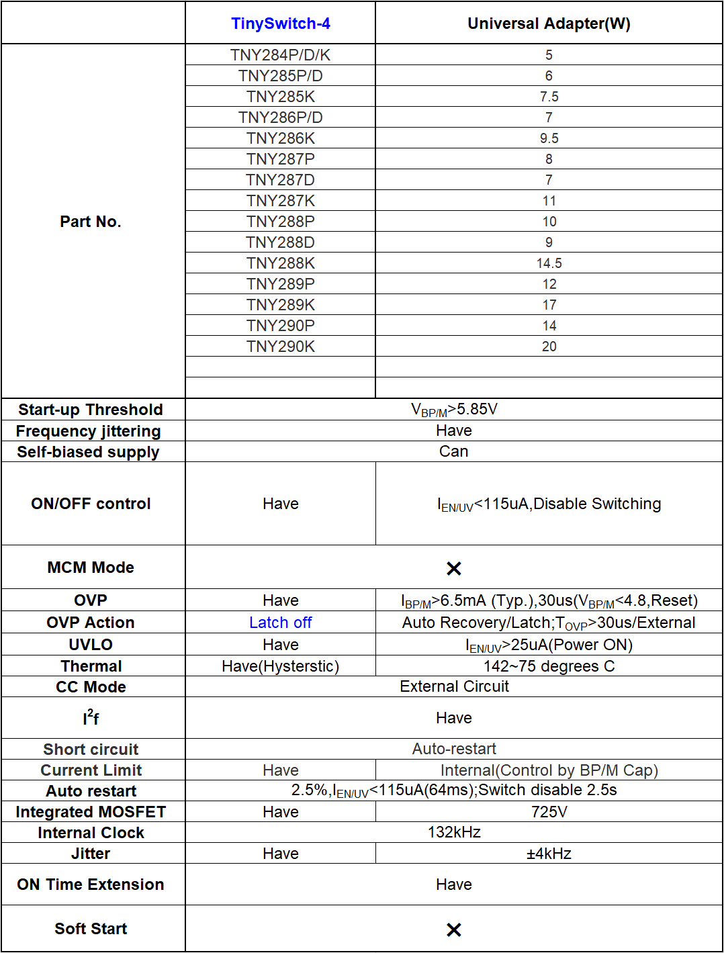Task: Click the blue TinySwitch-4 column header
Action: coord(280,24)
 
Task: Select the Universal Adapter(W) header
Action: coord(549,24)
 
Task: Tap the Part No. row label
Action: coord(91,222)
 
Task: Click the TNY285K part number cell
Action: coord(280,97)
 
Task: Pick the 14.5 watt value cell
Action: coord(549,263)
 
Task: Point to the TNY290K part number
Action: coord(280,347)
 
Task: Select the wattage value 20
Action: coord(549,347)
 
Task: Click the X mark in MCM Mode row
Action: coord(454,569)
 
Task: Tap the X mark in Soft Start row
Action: coord(454,929)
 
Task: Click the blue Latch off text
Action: coord(280,623)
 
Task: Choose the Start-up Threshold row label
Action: coord(91,410)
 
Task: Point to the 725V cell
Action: coord(549,812)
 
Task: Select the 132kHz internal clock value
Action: coord(454,833)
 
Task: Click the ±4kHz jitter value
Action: coord(549,854)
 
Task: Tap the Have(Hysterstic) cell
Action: coord(280,666)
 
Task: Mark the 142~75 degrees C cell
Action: coord(549,666)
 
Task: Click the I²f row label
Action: coord(91,718)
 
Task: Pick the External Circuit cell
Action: coord(454,686)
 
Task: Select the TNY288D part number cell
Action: coord(280,242)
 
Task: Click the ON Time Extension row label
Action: coord(91,884)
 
